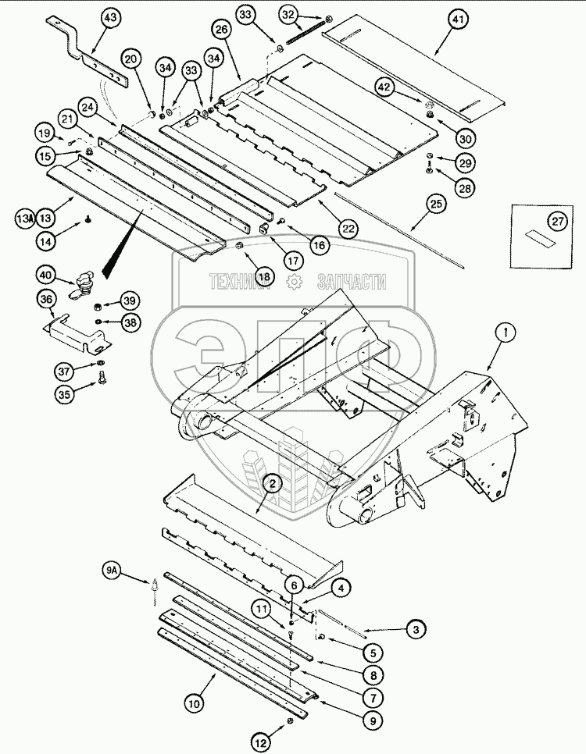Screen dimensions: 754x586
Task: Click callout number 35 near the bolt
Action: pos(64,395)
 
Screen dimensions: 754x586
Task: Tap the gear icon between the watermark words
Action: pos(294,282)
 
